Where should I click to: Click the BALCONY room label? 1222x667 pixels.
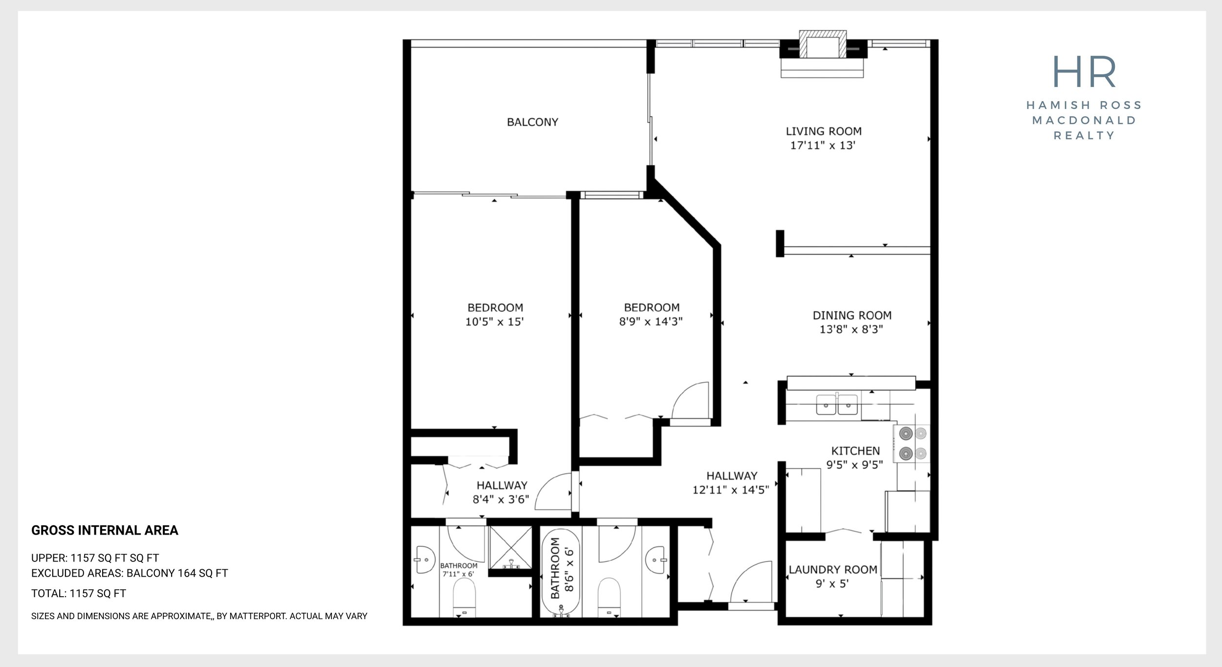(532, 122)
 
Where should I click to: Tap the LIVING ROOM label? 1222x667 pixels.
(824, 131)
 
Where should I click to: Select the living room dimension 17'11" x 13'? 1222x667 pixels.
(823, 145)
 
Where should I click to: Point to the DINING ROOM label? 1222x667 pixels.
(851, 316)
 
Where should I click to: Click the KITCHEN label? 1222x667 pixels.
(855, 451)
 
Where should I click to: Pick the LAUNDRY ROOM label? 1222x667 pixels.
(833, 570)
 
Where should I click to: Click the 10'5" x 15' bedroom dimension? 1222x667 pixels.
(495, 322)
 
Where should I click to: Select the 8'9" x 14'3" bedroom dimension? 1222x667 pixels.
(651, 322)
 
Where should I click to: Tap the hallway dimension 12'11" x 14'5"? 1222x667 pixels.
(731, 490)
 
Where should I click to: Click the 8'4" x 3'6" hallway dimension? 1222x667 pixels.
(501, 499)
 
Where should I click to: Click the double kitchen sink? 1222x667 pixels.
(837, 405)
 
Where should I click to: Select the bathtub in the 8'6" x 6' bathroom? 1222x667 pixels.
(561, 573)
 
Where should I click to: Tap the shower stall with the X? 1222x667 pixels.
(510, 548)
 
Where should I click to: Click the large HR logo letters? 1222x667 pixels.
(1084, 71)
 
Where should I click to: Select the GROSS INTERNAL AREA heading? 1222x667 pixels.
(105, 531)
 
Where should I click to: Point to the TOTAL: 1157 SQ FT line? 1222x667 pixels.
(79, 594)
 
